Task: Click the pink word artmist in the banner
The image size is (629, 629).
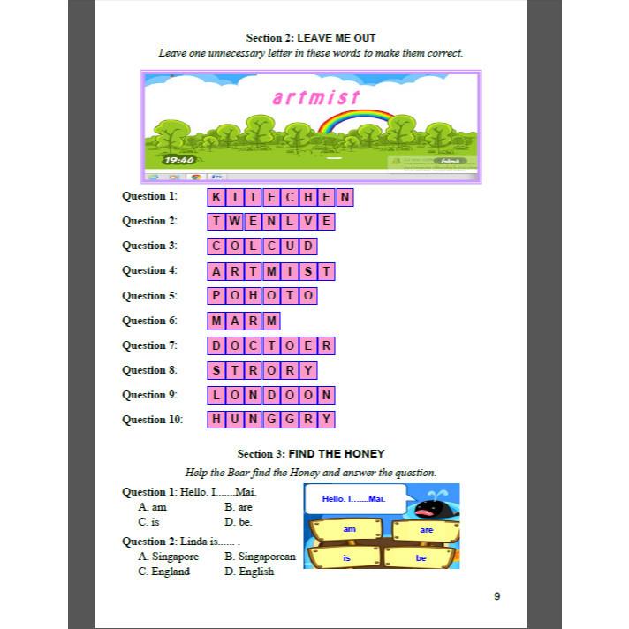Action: coord(316,96)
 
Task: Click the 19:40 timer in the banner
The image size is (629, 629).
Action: coord(178,160)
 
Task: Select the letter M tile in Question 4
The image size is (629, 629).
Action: coord(272,271)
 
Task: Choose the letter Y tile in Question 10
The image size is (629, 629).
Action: coord(326,420)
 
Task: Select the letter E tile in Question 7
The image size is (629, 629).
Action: coord(308,345)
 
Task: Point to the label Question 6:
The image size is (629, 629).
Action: coord(149,321)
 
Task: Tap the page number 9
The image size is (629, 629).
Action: coord(496,595)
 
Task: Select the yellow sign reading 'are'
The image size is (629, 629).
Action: coord(426,530)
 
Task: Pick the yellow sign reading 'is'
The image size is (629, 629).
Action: coord(347,558)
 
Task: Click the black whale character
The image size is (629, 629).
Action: coord(433,508)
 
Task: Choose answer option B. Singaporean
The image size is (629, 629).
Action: coord(260,557)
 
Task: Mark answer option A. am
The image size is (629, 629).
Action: coord(153,507)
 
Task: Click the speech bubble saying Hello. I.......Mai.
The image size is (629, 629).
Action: coord(354,500)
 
